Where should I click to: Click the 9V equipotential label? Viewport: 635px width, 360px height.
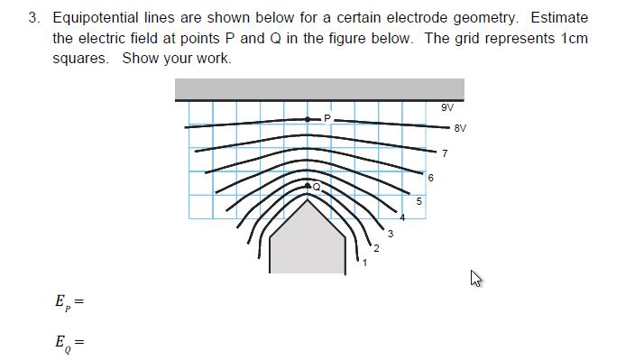[x=447, y=107]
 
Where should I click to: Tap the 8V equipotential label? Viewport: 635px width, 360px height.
[x=460, y=128]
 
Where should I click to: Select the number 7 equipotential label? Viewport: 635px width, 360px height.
[x=445, y=153]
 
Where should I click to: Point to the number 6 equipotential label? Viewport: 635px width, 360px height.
[x=430, y=178]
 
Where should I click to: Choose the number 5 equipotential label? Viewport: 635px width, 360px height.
[x=419, y=201]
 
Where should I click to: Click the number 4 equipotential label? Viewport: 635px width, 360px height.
[x=403, y=217]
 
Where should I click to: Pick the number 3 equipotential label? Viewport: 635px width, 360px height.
[x=390, y=234]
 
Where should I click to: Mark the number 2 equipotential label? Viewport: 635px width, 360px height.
[x=376, y=249]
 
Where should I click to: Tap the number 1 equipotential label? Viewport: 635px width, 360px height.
[x=364, y=263]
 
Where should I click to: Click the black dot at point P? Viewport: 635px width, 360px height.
[x=308, y=119]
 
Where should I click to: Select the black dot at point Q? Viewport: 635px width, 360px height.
[x=308, y=185]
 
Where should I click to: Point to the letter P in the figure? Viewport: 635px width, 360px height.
[x=327, y=117]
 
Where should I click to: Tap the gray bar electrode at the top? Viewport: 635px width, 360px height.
[x=319, y=88]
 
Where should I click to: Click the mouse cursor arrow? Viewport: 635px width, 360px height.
[x=475, y=279]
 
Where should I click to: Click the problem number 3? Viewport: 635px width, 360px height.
[x=33, y=18]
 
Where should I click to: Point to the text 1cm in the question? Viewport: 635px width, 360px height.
[x=574, y=38]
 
